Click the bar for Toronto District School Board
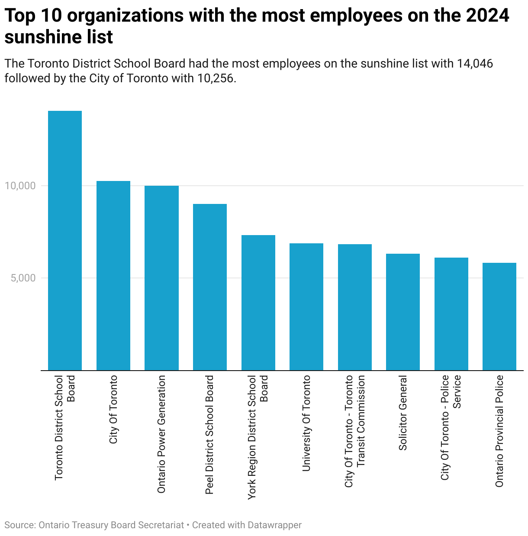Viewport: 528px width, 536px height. [65, 240]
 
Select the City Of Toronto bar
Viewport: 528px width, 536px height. [113, 275]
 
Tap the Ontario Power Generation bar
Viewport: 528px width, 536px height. [161, 278]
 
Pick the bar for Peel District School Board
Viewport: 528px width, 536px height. [210, 287]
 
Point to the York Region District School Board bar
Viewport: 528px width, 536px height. [258, 303]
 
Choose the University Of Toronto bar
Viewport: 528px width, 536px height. [306, 307]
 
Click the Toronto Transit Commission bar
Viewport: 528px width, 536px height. [355, 307]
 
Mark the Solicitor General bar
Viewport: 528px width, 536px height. [403, 312]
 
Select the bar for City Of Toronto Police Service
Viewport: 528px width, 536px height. [451, 314]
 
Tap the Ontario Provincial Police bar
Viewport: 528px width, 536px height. [499, 316]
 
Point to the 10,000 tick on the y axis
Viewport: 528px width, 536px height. [20, 186]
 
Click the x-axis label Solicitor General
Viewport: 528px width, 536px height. [403, 413]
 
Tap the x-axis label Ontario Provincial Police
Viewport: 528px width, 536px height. [499, 431]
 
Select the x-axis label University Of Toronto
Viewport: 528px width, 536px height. [306, 423]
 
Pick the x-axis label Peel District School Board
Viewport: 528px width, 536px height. [210, 435]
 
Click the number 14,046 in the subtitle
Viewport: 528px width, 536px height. [475, 64]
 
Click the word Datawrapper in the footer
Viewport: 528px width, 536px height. [275, 525]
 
